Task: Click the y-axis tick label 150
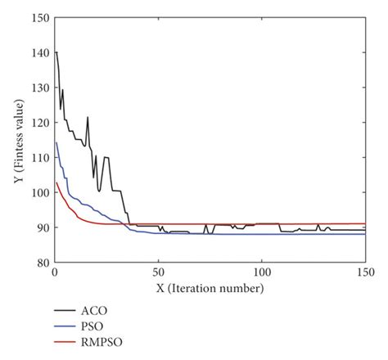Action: click(39, 17)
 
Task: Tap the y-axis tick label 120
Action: click(39, 123)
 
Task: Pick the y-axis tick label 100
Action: click(39, 193)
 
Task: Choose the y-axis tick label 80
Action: click(42, 263)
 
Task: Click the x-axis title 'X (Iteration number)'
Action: click(210, 289)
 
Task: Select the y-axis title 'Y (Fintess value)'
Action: click(18, 140)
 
